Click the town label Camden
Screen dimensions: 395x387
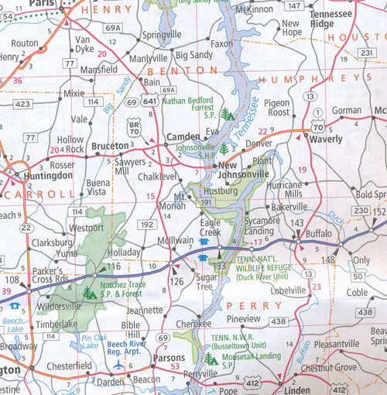coord(183,138)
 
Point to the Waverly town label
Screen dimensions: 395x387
coord(329,140)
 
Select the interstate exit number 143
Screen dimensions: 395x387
coord(297,222)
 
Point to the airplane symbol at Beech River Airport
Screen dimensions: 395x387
coord(118,362)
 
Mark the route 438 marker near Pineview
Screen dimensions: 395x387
coord(279,321)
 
